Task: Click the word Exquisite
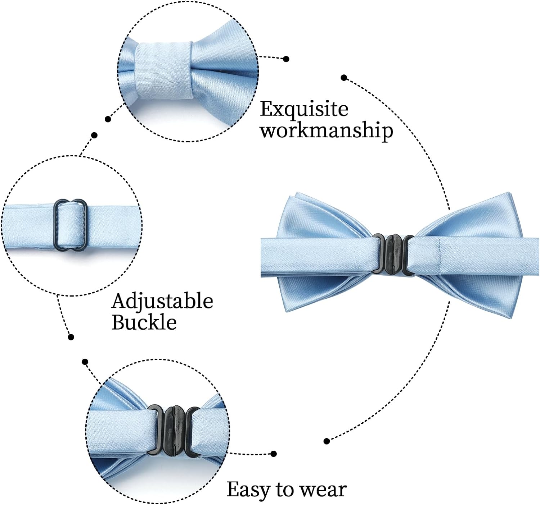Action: pos(304,110)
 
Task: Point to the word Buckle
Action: pos(144,322)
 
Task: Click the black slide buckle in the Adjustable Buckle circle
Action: pos(70,225)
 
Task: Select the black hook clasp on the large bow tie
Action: pos(392,254)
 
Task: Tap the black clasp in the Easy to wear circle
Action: pos(174,431)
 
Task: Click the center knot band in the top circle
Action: pos(164,72)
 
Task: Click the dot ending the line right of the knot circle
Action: pos(286,59)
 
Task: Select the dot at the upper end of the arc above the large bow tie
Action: pos(344,78)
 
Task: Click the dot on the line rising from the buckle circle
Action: pos(94,135)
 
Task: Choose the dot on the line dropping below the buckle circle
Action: pos(71,337)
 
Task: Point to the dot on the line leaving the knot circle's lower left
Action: pos(108,119)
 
